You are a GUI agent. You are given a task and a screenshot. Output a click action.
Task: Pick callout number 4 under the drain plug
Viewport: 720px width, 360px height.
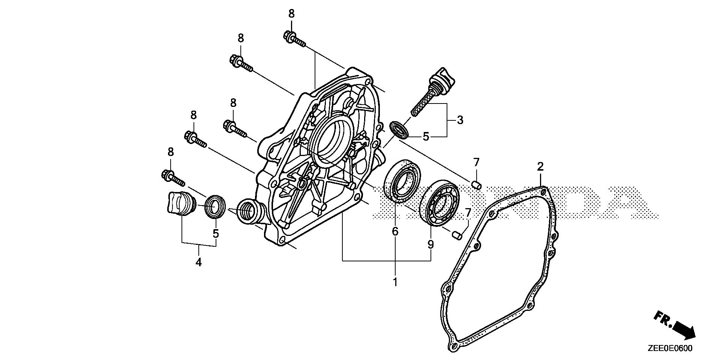pos(198,262)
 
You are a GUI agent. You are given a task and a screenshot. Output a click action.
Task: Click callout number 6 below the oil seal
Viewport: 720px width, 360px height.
pos(395,232)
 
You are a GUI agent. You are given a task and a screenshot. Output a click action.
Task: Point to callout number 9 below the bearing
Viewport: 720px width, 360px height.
pos(430,245)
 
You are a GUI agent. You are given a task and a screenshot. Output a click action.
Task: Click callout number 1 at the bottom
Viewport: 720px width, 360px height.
pos(395,282)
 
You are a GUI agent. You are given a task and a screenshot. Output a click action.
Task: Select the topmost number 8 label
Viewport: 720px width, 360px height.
pos(291,14)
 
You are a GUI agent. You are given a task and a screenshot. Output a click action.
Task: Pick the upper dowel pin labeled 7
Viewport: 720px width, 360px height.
pos(476,185)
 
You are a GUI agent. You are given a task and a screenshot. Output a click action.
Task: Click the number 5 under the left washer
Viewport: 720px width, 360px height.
pos(216,234)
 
